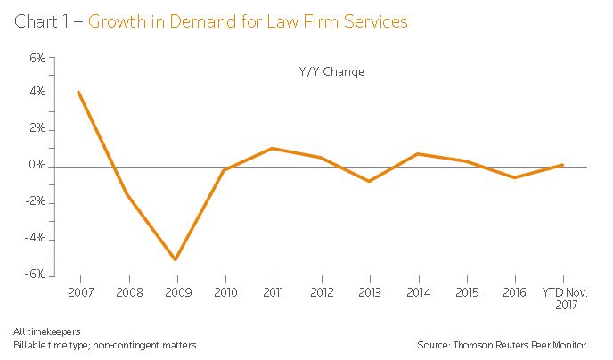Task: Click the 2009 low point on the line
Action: (176, 260)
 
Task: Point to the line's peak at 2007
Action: (79, 92)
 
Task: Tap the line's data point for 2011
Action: (272, 148)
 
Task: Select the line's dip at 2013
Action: (369, 181)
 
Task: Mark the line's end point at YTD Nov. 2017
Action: (562, 165)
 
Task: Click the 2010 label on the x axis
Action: (224, 290)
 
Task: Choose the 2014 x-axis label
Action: (417, 290)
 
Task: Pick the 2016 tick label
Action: (514, 290)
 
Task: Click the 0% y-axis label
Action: (38, 166)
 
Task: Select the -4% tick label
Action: (37, 239)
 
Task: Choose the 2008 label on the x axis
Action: (127, 290)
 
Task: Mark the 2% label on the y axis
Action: (38, 129)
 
